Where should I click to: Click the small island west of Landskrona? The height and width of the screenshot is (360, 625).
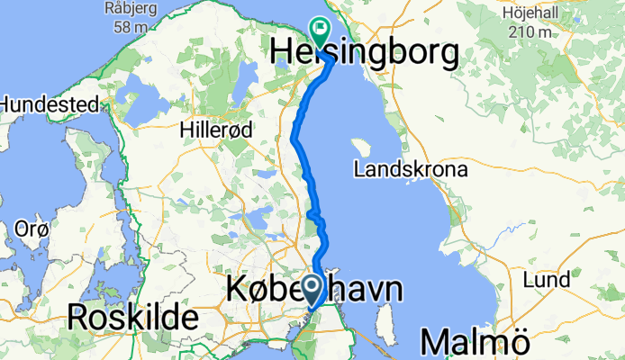click(361, 148)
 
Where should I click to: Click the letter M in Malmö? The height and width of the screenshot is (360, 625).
click(434, 342)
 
